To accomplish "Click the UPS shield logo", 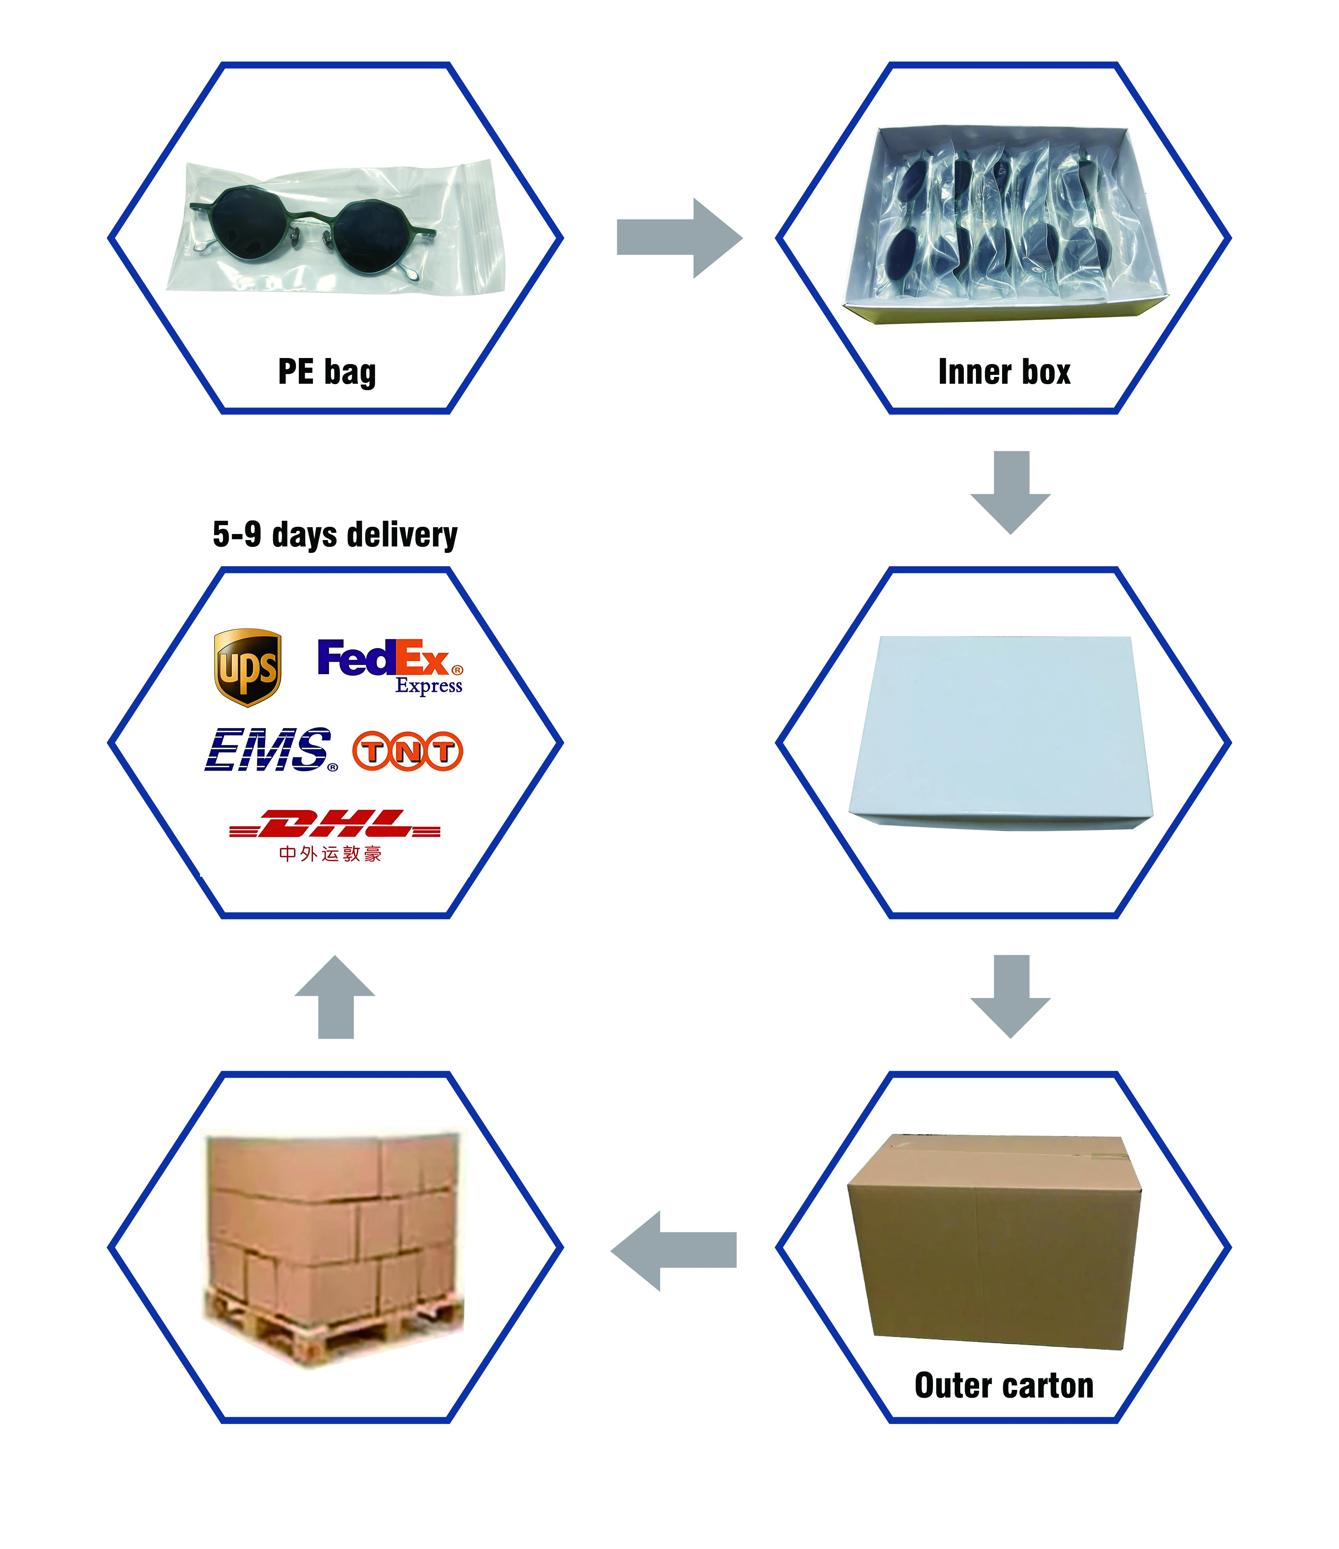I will tap(247, 667).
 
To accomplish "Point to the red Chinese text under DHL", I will tap(330, 854).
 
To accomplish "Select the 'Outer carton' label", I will tap(1004, 1385).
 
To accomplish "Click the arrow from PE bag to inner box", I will tap(678, 238).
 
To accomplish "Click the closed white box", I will tap(1001, 729).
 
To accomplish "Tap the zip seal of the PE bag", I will tap(478, 224).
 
